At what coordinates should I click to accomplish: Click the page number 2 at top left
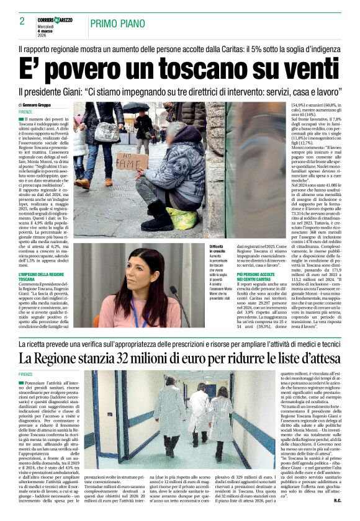pos(22,22)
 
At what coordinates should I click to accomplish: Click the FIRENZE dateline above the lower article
pos(25,374)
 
